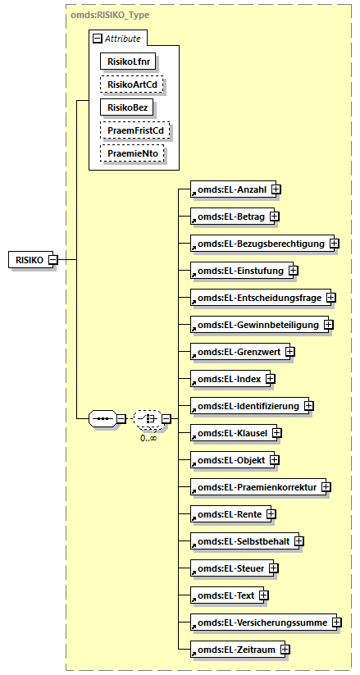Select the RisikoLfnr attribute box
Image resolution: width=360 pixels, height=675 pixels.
128,61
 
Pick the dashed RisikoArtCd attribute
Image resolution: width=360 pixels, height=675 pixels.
131,84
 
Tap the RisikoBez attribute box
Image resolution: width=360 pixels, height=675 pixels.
127,107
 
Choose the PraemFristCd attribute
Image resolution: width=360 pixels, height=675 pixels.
131,130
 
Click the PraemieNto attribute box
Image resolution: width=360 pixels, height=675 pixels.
131,153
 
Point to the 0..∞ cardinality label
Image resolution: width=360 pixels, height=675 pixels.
148,438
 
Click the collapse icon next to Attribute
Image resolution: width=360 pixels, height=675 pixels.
98,38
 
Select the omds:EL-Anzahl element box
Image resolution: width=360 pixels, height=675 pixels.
229,189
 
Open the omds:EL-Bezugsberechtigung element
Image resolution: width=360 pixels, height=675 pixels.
258,244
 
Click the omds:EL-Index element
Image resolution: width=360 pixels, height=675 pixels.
226,379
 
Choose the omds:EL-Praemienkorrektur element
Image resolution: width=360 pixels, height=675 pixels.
253,487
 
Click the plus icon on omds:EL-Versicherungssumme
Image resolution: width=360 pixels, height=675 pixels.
337,623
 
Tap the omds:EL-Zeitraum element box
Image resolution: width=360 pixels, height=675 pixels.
234,650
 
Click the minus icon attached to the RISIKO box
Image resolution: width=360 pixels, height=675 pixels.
52,260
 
